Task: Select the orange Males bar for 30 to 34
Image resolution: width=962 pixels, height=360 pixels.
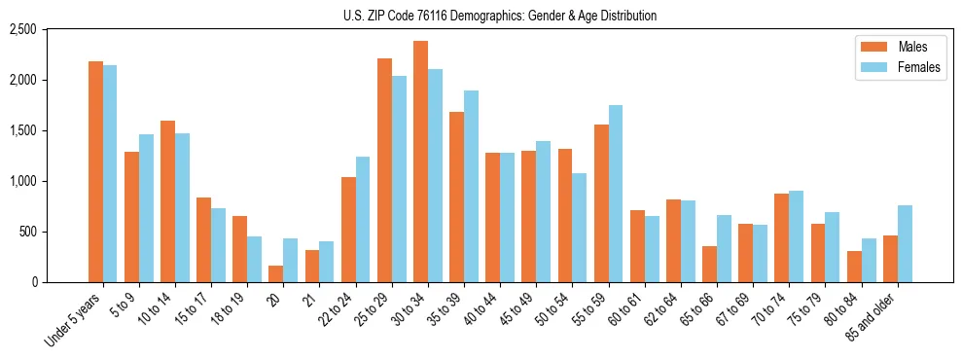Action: [420, 162]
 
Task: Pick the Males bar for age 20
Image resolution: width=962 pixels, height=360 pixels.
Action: [276, 273]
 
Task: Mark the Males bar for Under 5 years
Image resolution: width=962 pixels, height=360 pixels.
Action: [95, 171]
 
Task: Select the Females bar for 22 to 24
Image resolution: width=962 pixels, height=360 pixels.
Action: [363, 219]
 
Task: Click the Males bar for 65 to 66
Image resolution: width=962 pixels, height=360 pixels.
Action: [709, 264]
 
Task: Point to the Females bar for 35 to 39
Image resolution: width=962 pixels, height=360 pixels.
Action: [471, 186]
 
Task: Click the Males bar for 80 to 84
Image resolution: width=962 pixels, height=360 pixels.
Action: [854, 267]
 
